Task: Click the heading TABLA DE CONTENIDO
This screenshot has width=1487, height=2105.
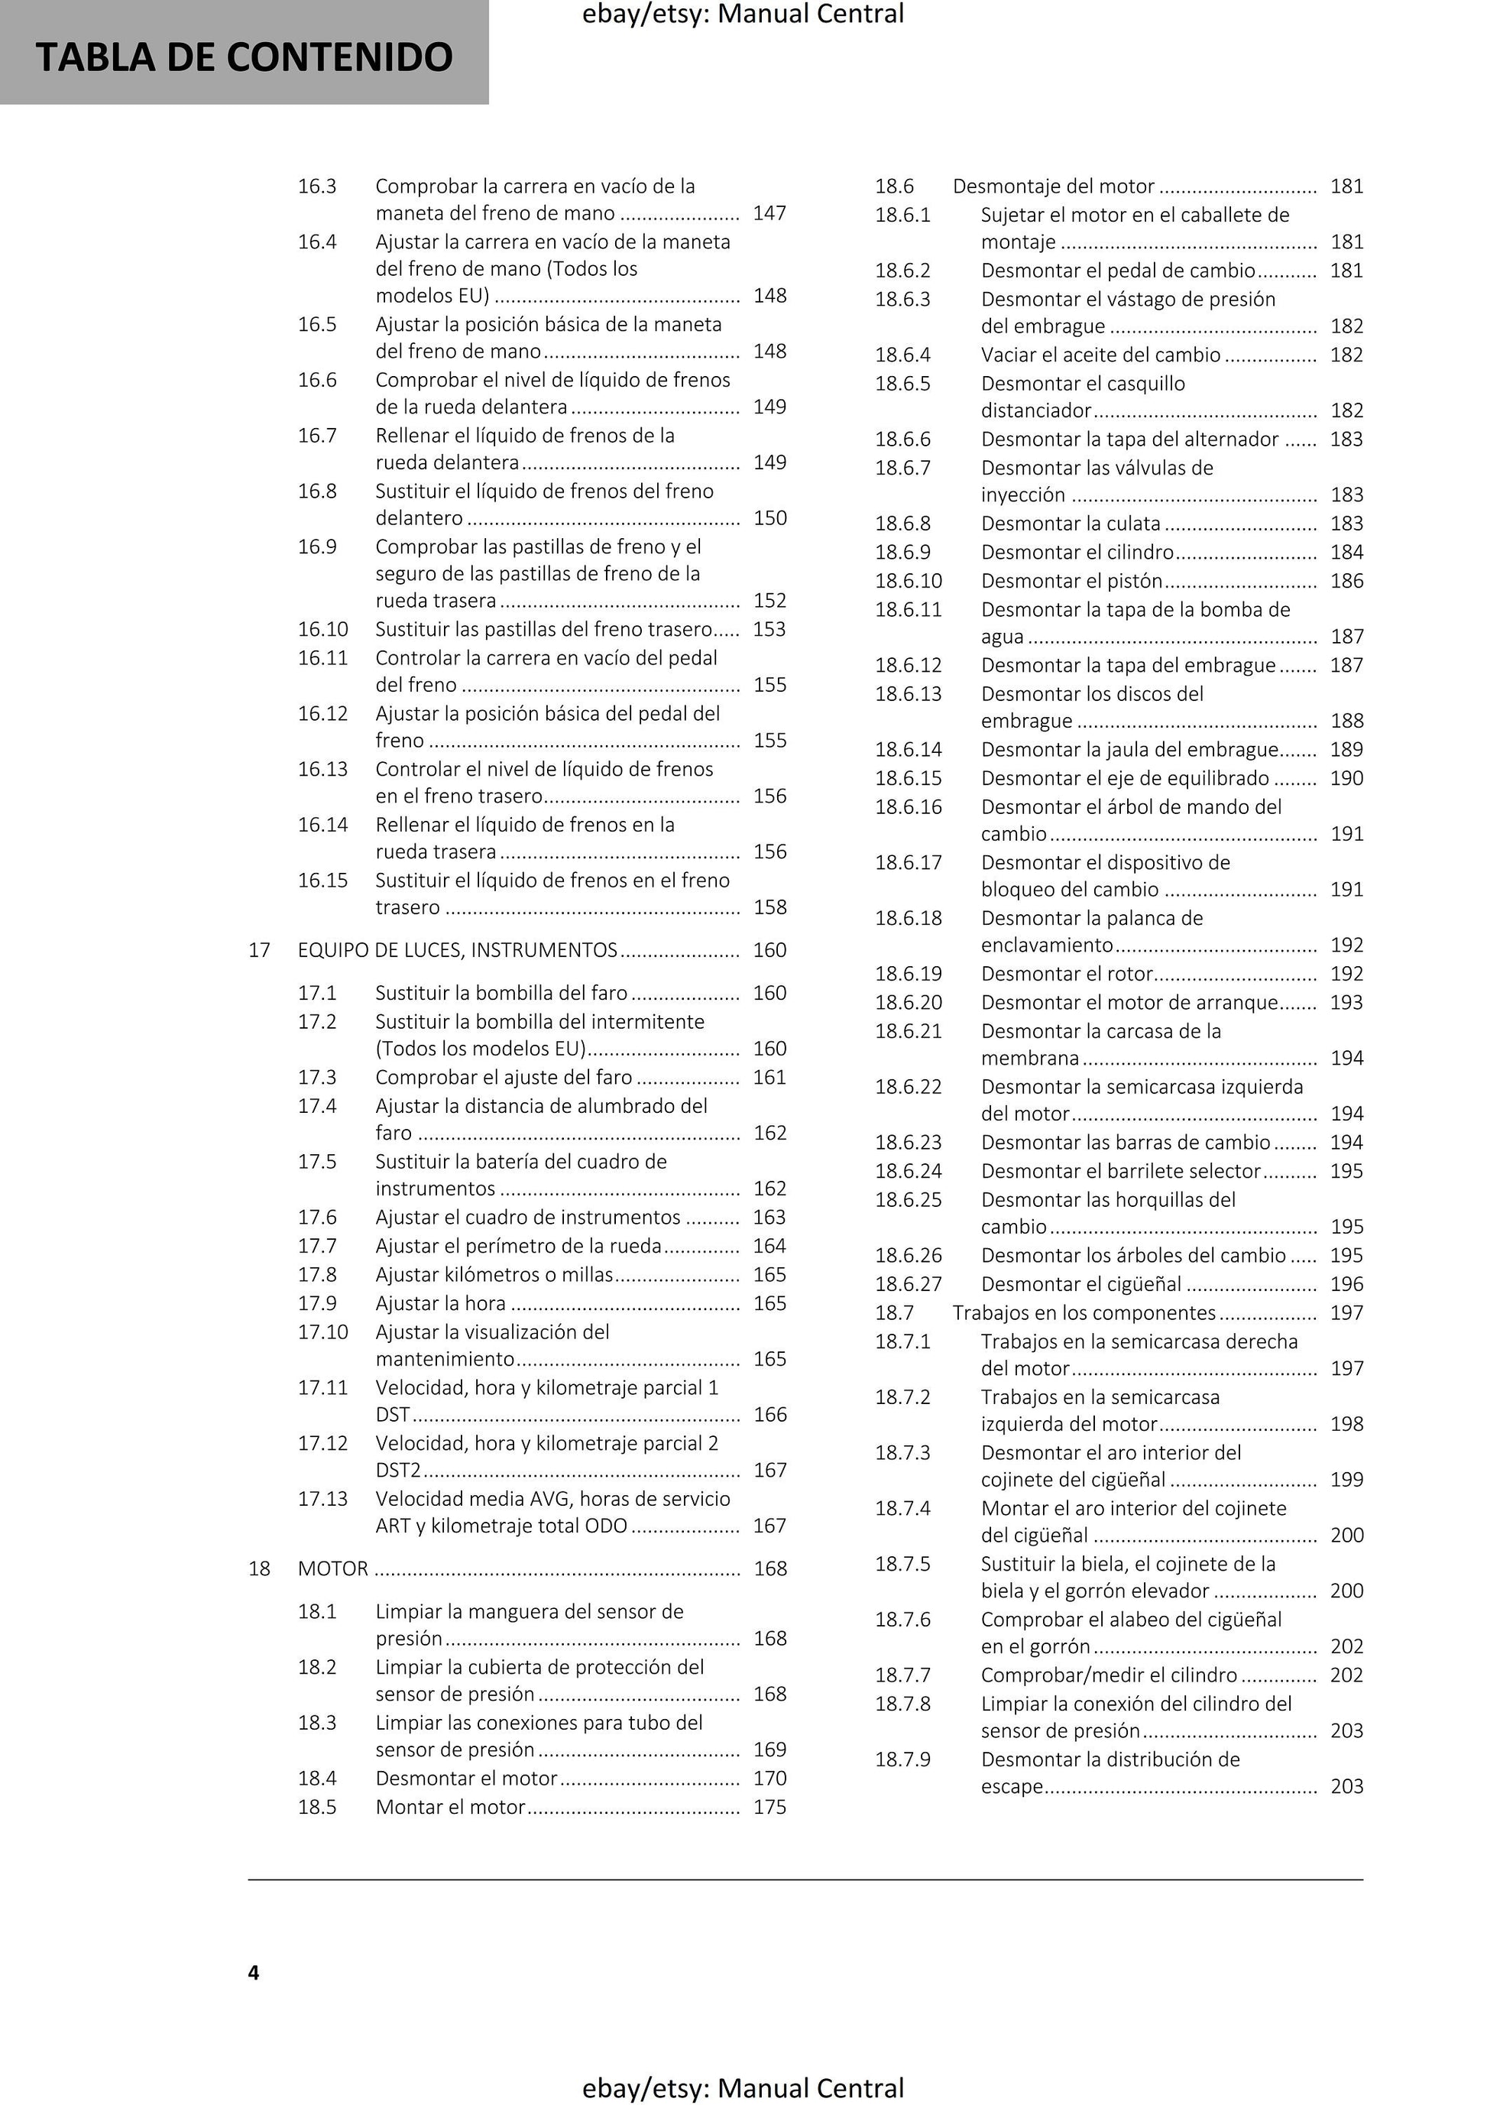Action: (244, 57)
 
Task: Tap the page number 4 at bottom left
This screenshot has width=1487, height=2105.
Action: (254, 1972)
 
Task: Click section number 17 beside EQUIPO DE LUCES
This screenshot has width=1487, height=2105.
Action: (260, 950)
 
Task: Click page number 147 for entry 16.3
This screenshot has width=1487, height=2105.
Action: (769, 212)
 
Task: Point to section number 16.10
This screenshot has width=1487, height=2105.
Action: (322, 629)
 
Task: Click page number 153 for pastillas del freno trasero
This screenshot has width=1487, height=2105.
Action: (769, 629)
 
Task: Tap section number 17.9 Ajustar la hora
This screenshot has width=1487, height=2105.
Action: (317, 1302)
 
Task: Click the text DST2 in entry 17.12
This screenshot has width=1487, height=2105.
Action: (398, 1470)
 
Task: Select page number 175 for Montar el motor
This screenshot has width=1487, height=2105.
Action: (769, 1806)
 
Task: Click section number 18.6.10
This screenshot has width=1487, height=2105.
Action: (908, 580)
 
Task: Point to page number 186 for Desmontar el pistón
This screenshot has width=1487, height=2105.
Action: (1346, 580)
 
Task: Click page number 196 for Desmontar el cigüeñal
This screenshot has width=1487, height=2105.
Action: (1346, 1283)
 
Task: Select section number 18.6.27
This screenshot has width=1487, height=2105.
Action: (908, 1283)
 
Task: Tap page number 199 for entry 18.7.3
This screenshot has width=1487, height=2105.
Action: (1346, 1479)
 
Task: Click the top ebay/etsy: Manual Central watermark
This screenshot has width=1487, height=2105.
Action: (743, 14)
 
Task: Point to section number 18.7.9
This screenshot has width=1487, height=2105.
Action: (902, 1759)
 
